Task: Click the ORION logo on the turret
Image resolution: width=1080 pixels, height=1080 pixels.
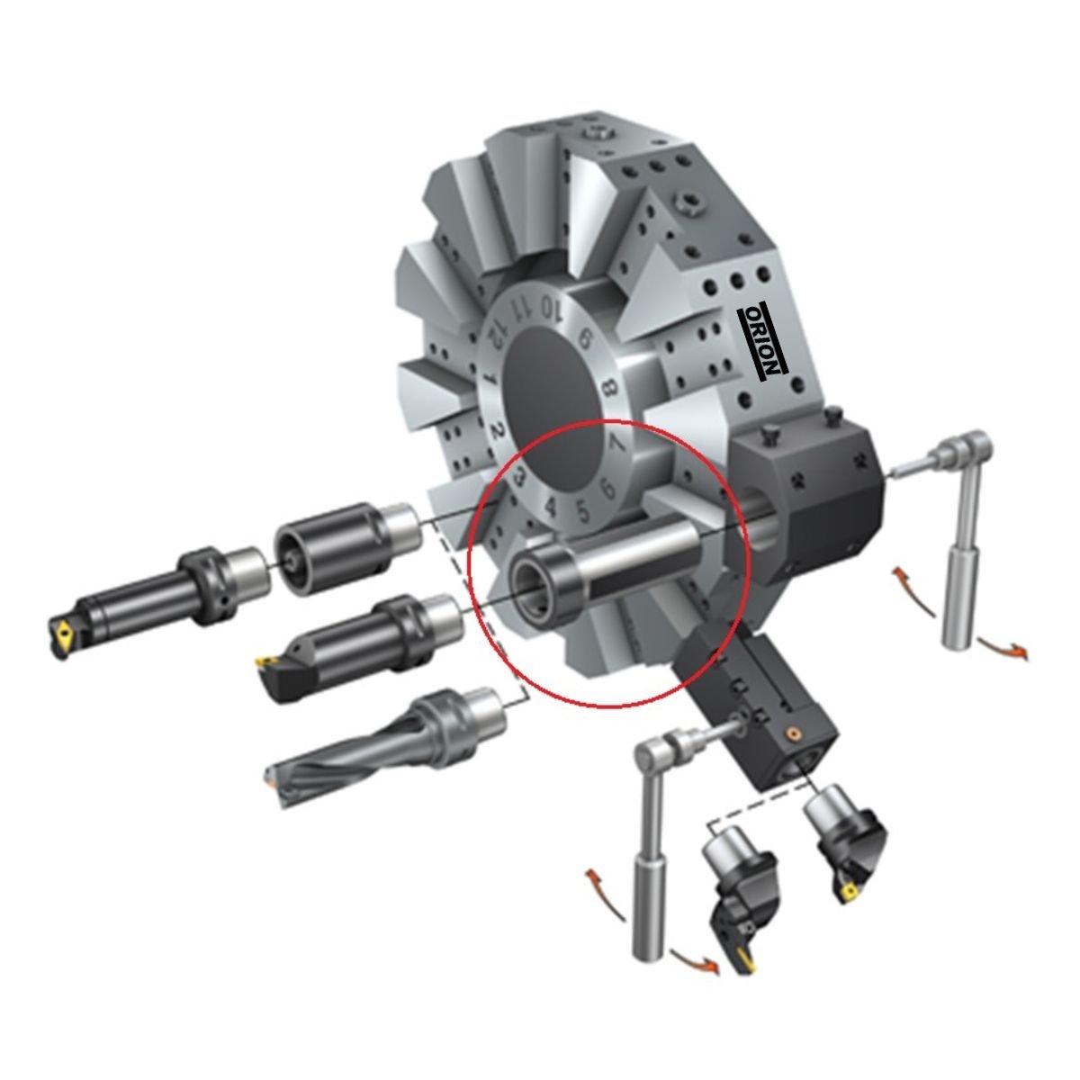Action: click(763, 343)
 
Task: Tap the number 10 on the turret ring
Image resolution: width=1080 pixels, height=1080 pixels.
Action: click(552, 308)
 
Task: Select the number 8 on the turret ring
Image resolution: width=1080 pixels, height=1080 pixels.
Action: click(609, 389)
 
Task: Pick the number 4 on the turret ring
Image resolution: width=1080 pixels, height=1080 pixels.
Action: click(552, 507)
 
